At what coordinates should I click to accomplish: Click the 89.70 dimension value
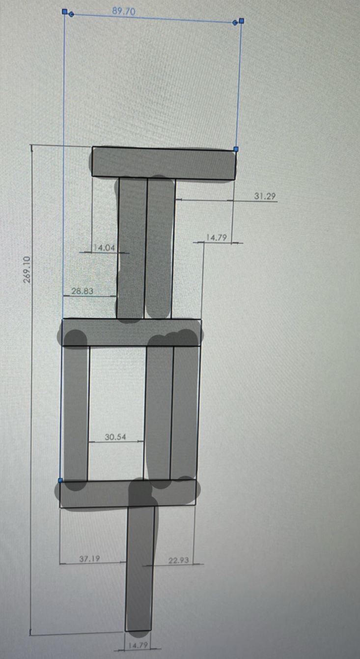click(124, 11)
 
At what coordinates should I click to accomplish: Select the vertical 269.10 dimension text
click(27, 269)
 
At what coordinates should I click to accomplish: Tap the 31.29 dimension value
click(265, 196)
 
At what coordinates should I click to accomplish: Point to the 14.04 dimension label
click(104, 248)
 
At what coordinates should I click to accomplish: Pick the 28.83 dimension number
click(82, 291)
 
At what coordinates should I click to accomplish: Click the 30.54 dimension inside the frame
click(115, 436)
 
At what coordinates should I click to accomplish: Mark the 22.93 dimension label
click(178, 560)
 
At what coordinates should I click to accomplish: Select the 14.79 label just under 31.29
click(216, 237)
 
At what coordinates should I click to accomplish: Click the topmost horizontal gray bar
click(163, 163)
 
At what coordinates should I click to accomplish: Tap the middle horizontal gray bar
click(131, 333)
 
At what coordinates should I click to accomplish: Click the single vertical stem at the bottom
click(139, 570)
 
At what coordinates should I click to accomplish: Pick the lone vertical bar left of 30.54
click(75, 413)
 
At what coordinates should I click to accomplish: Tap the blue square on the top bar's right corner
click(236, 148)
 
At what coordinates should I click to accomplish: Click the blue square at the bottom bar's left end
click(60, 480)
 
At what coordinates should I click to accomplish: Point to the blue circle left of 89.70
click(71, 14)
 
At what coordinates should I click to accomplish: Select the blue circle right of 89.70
click(235, 22)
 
